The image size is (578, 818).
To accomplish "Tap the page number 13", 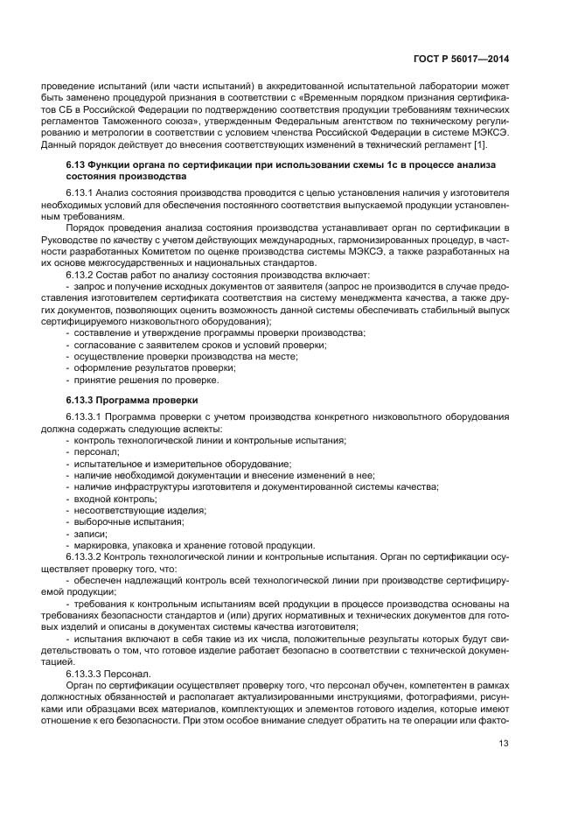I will [x=505, y=744].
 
